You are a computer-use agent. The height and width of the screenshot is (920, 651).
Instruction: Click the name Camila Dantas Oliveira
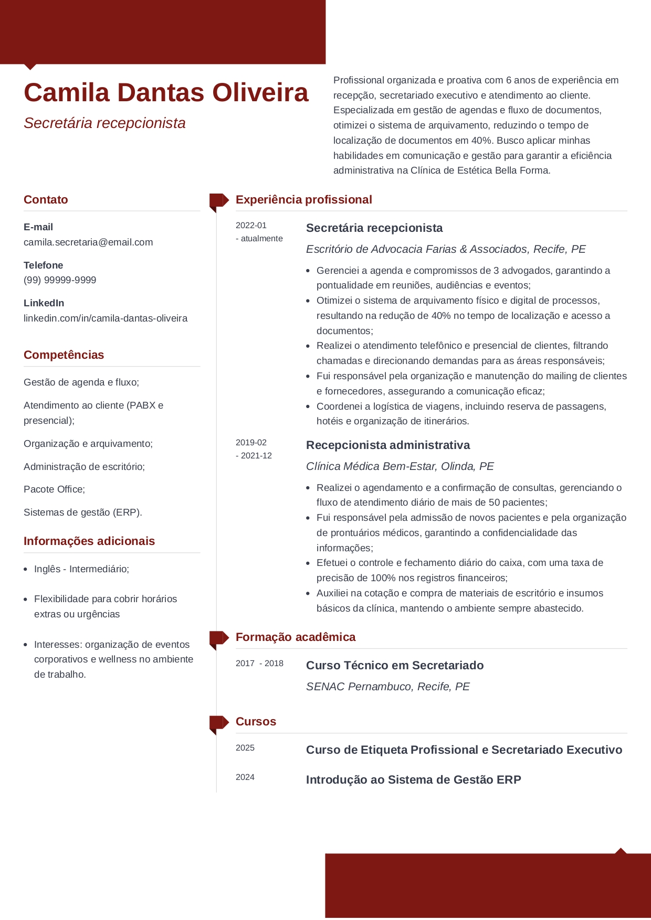(x=166, y=93)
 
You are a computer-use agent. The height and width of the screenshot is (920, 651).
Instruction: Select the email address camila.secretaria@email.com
(x=88, y=242)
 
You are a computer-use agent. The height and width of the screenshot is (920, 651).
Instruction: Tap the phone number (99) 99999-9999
(x=60, y=280)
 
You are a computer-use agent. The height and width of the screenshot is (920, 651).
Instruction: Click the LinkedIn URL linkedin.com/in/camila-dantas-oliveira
(x=106, y=318)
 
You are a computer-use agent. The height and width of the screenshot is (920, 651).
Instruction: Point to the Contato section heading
(x=46, y=200)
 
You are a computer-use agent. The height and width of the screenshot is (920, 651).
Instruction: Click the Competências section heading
(x=64, y=355)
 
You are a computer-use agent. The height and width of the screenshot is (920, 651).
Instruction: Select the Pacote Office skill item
(x=54, y=489)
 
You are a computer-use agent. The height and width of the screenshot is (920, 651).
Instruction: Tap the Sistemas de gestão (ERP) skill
(x=83, y=512)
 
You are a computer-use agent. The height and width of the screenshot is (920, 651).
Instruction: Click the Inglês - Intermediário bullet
(x=81, y=569)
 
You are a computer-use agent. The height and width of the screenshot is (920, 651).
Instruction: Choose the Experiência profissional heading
(x=303, y=200)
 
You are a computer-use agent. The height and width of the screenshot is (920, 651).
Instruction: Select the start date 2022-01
(x=251, y=226)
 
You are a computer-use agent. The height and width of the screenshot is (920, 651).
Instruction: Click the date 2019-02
(x=251, y=443)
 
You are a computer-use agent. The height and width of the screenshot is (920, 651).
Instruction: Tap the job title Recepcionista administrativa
(x=388, y=445)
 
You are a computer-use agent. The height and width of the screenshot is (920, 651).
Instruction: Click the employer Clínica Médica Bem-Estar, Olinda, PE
(x=400, y=466)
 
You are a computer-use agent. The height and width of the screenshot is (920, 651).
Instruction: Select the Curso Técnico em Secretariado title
(x=395, y=666)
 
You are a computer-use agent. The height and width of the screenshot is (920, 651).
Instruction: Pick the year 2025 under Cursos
(x=245, y=748)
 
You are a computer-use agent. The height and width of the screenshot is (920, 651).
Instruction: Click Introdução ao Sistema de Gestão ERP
(x=413, y=780)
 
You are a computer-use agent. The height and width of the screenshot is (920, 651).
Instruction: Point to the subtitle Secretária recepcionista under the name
(x=104, y=123)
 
